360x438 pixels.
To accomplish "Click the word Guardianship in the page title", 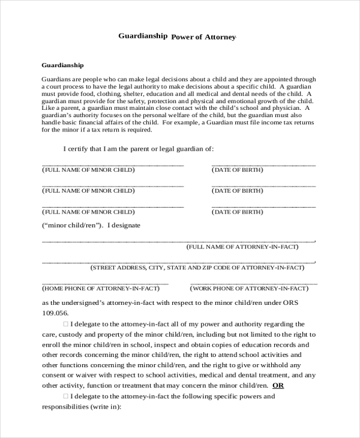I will pos(143,35).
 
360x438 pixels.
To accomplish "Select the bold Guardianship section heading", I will pos(62,64).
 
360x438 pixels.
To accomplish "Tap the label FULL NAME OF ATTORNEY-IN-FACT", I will pos(242,247).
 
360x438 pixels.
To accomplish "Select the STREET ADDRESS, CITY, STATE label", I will pos(194,268).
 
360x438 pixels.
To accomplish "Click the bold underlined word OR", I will pos(278,385).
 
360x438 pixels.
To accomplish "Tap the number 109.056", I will pos(55,313).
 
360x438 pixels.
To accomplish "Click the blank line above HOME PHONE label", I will pos(105,282).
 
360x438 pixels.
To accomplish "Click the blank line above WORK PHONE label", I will pos(253,282).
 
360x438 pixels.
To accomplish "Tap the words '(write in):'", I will pos(106,406).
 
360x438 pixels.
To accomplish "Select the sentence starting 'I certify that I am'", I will pos(138,149).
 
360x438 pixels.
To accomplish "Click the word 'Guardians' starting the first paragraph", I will pos(56,79).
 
